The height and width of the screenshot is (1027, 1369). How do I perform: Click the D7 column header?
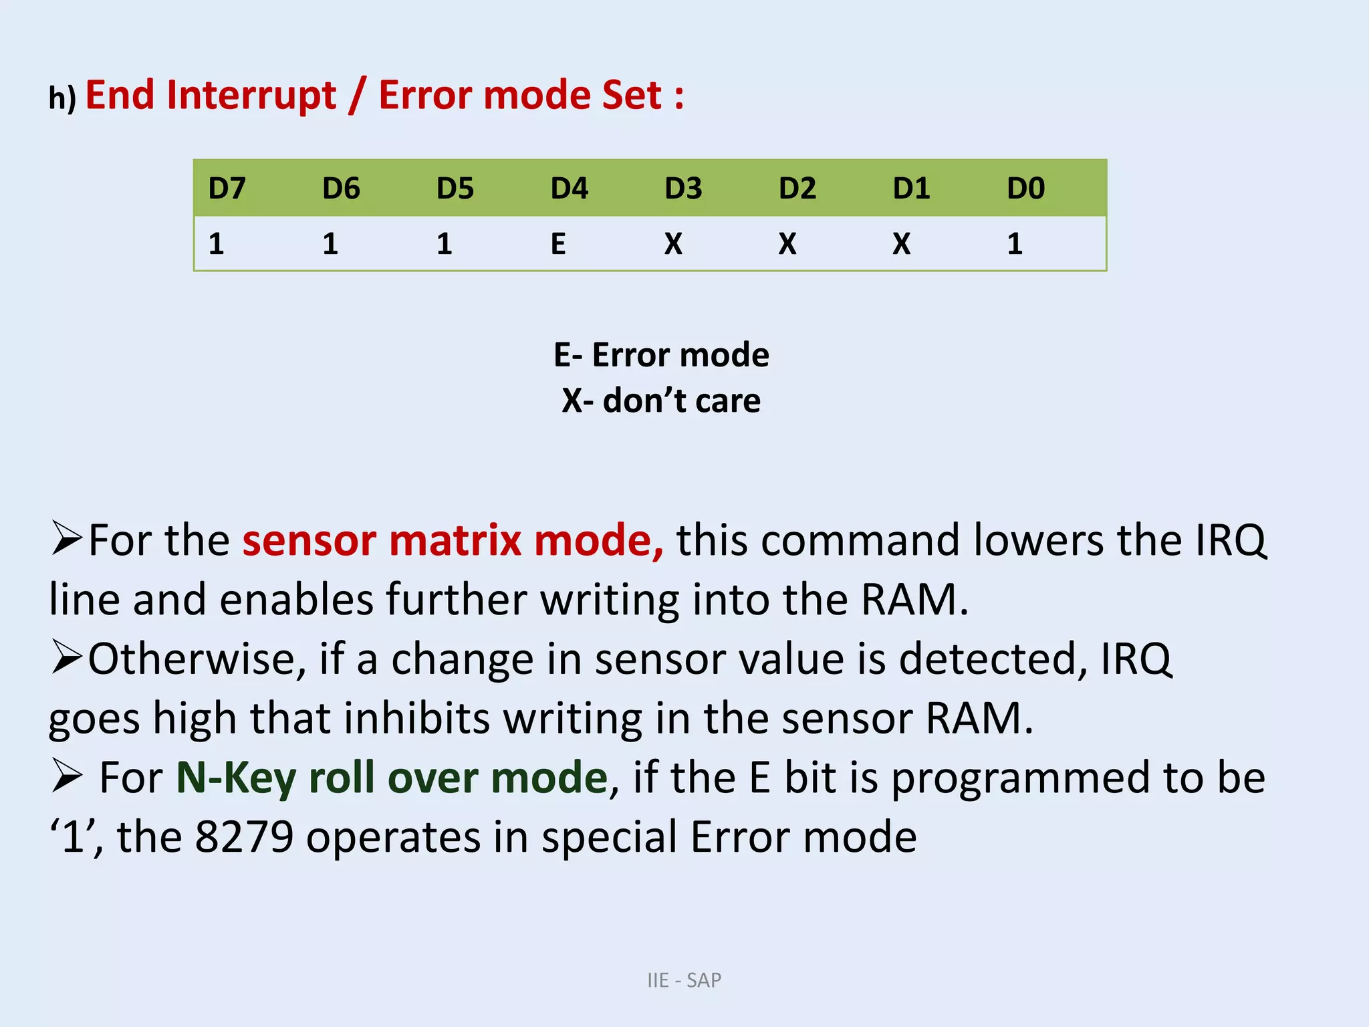pyautogui.click(x=227, y=189)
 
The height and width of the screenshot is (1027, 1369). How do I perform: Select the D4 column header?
pyautogui.click(x=569, y=189)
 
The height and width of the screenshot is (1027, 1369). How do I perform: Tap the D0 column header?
pyautogui.click(x=1025, y=189)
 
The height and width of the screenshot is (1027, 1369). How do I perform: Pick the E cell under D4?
pyautogui.click(x=558, y=244)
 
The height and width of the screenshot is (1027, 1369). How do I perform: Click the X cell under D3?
pyautogui.click(x=673, y=244)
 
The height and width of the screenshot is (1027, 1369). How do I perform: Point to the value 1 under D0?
pyautogui.click(x=1015, y=244)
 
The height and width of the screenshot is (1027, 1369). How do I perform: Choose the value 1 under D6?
pyautogui.click(x=330, y=244)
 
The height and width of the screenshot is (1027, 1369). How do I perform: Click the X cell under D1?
pyautogui.click(x=901, y=244)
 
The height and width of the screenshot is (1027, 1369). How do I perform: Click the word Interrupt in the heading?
pyautogui.click(x=252, y=96)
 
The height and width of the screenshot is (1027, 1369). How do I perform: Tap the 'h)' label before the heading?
pyautogui.click(x=62, y=98)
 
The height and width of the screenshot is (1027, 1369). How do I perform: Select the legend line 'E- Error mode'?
pyautogui.click(x=661, y=355)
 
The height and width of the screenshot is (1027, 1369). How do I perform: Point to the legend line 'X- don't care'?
pyautogui.click(x=661, y=401)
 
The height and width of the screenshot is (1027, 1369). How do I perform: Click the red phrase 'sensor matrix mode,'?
pyautogui.click(x=453, y=540)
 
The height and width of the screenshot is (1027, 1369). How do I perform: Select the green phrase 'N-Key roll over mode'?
pyautogui.click(x=392, y=778)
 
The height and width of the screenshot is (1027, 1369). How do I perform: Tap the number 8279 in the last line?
pyautogui.click(x=244, y=837)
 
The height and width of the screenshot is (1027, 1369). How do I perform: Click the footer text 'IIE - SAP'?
pyautogui.click(x=684, y=980)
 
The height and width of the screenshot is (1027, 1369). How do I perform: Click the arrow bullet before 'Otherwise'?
pyautogui.click(x=66, y=658)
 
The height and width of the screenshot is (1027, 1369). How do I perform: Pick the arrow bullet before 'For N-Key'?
pyautogui.click(x=66, y=777)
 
